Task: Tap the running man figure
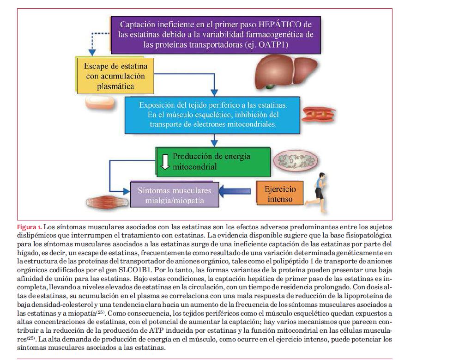318,189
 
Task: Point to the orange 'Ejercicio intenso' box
280,194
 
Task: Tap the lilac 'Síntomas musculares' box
174,195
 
